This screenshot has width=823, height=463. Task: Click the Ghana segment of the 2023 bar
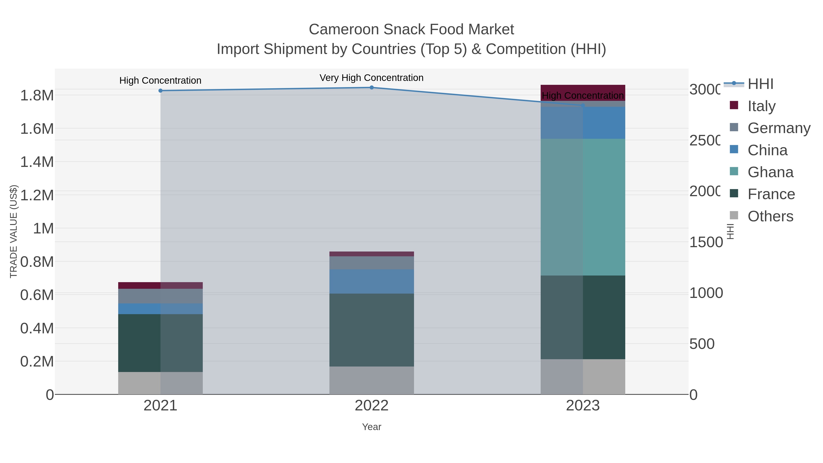click(583, 207)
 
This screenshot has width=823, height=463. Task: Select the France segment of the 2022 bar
click(371, 330)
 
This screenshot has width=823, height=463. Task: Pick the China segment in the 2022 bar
click(371, 281)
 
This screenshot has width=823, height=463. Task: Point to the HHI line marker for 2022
click(371, 87)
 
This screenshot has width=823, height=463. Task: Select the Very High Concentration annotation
click(371, 78)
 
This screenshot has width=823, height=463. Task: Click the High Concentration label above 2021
click(160, 80)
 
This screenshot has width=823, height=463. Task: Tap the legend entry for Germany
click(770, 128)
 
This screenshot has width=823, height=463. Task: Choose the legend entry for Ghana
click(762, 172)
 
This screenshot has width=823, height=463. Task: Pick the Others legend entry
click(762, 216)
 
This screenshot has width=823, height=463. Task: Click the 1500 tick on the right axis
click(706, 242)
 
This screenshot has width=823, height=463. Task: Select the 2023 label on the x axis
click(583, 405)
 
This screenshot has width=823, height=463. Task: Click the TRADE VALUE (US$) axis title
click(13, 231)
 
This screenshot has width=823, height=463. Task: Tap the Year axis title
click(371, 427)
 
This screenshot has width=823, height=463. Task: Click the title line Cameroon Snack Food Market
click(411, 29)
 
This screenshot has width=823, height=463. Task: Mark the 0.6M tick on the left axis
click(37, 295)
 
